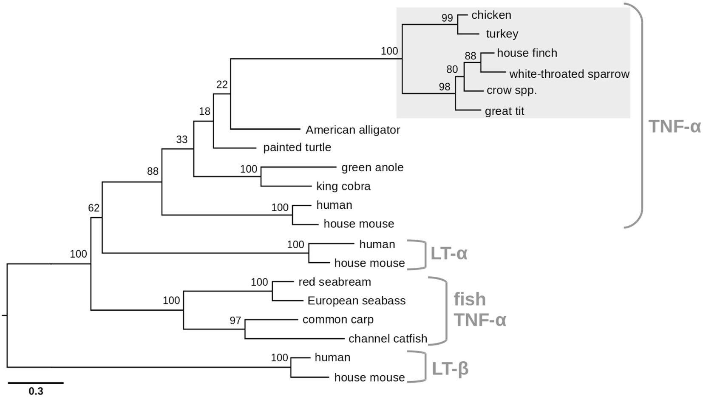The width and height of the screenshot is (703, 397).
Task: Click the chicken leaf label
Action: click(x=491, y=15)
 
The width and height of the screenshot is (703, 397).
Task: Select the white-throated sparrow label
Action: click(x=569, y=74)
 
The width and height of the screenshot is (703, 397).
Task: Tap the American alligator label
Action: click(x=353, y=130)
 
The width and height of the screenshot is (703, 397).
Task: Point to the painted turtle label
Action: click(x=297, y=147)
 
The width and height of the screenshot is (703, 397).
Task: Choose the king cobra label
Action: click(x=343, y=186)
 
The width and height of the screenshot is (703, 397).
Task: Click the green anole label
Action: click(x=372, y=167)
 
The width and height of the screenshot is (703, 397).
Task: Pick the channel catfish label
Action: click(x=388, y=339)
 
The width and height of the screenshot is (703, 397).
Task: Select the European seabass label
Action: click(x=356, y=301)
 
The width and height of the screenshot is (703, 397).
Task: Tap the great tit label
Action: click(x=505, y=111)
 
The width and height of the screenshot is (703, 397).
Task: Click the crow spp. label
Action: click(x=512, y=91)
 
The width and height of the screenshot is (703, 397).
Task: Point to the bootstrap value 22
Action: click(x=222, y=85)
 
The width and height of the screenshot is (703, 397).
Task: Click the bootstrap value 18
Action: click(x=204, y=112)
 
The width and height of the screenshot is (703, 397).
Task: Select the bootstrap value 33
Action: click(x=181, y=140)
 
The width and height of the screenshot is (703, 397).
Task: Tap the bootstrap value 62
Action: click(x=94, y=208)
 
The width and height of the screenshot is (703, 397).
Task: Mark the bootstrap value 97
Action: click(x=235, y=321)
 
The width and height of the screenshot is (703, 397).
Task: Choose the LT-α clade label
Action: click(x=449, y=254)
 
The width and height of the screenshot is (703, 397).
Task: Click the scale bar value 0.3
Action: click(x=36, y=391)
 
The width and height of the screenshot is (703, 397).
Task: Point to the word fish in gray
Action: click(x=470, y=300)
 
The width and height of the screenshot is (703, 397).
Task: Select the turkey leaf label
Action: click(x=502, y=34)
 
